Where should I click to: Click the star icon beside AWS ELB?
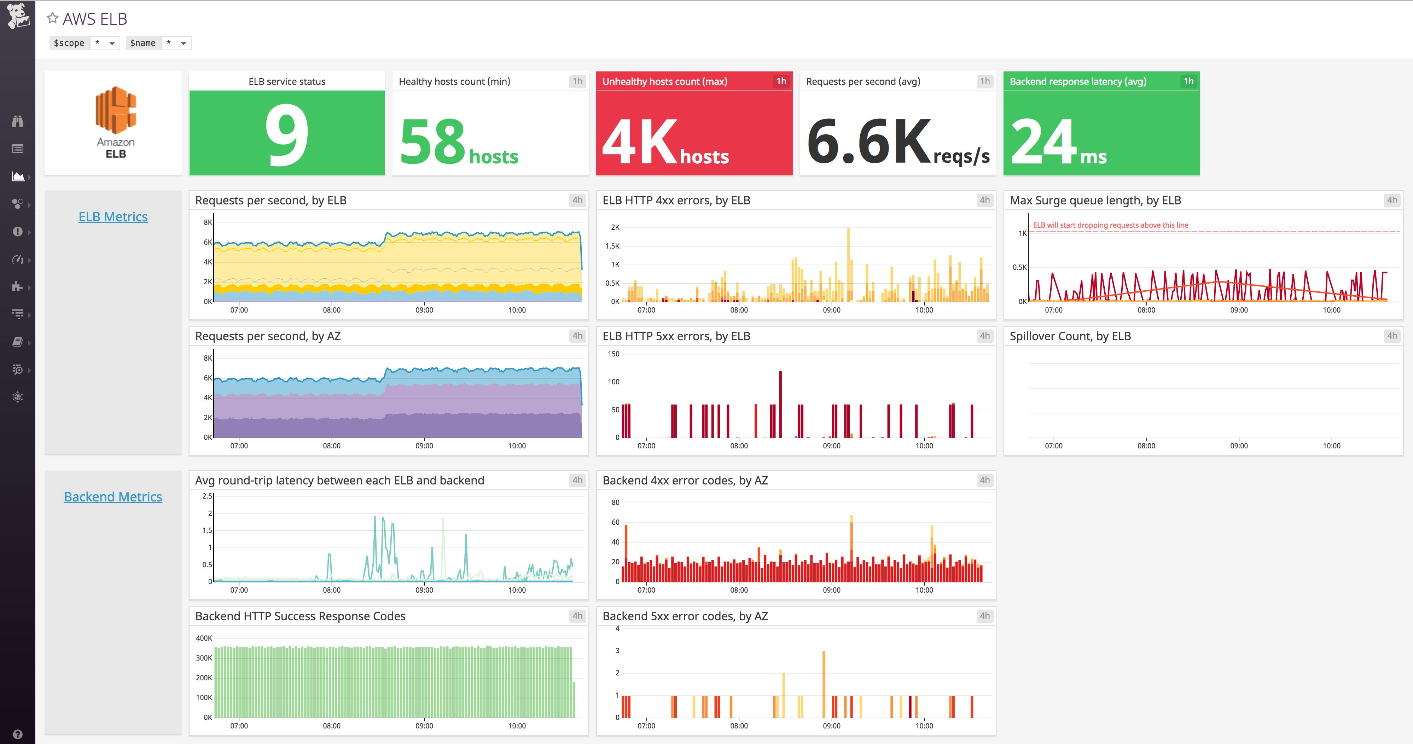click(52, 18)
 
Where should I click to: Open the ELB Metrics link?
click(113, 217)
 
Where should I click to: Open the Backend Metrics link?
click(113, 496)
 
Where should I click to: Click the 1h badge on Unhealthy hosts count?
click(781, 81)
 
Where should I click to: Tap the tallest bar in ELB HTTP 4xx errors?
click(849, 263)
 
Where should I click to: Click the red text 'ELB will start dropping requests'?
click(1110, 225)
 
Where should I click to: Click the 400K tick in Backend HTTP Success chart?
click(204, 638)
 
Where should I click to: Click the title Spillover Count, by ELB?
click(1070, 336)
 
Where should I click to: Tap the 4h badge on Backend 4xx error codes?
click(984, 480)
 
